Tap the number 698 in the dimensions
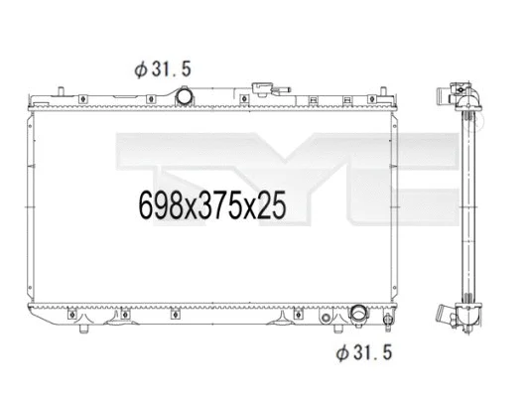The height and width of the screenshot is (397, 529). pyautogui.click(x=155, y=206)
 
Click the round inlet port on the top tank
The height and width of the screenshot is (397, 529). pyautogui.click(x=185, y=97)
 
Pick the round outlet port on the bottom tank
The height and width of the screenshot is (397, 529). pyautogui.click(x=356, y=315)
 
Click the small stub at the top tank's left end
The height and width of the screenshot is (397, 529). pyautogui.click(x=29, y=101)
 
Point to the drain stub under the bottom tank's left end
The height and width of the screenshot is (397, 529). pyautogui.click(x=83, y=328)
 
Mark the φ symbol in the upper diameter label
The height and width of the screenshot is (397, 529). pyautogui.click(x=140, y=68)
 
